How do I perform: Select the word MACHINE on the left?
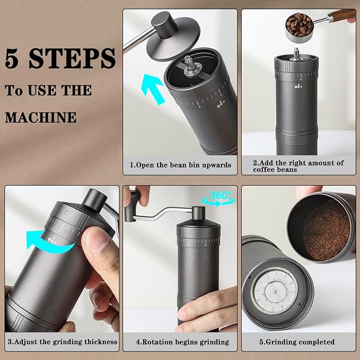point(41,117)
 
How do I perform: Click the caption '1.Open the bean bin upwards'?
point(180,165)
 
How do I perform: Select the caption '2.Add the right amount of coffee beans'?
point(298,166)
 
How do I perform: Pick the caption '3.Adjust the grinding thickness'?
point(62,342)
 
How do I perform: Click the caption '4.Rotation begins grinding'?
point(180,342)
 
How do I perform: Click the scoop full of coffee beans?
point(301,24)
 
